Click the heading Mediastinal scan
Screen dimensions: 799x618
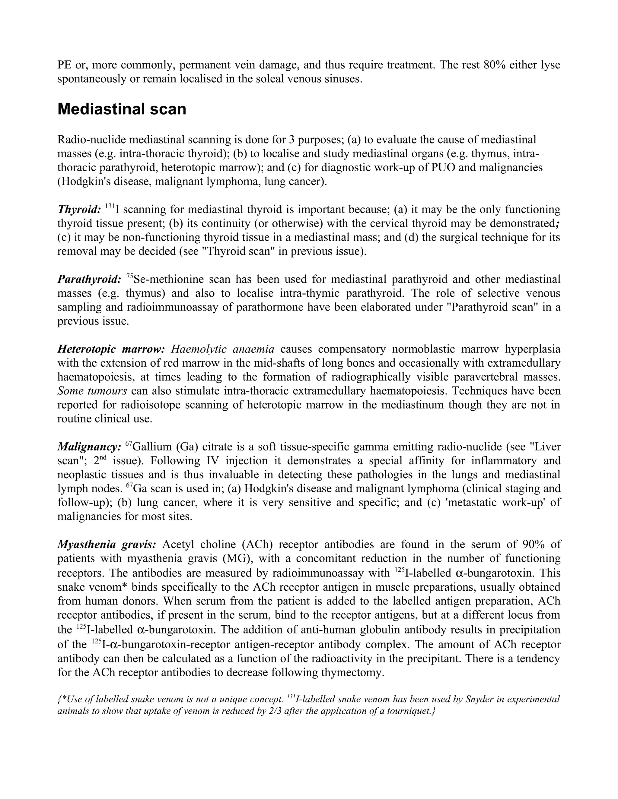coord(122,109)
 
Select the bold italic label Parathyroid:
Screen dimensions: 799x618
coord(89,279)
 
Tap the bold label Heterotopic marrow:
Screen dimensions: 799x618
coord(111,349)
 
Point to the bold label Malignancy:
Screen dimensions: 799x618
coord(89,447)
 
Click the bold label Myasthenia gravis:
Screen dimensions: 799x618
coord(107,544)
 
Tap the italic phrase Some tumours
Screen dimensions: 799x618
coord(92,391)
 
